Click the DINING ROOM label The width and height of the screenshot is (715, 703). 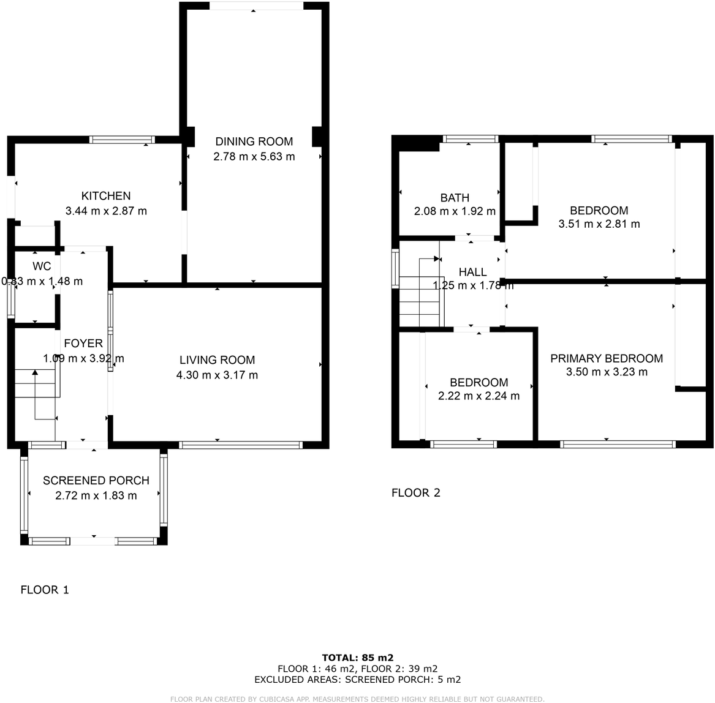click(x=254, y=141)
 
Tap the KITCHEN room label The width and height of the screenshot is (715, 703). click(x=106, y=196)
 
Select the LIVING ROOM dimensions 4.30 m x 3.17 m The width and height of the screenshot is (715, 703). click(x=217, y=375)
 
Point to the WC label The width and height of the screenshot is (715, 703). click(x=42, y=266)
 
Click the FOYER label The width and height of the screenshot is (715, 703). click(x=83, y=344)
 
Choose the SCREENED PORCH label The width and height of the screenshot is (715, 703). click(x=96, y=481)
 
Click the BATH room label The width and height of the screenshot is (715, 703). click(x=455, y=198)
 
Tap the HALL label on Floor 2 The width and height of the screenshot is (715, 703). click(x=472, y=272)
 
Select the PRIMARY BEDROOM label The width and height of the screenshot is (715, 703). click(x=606, y=358)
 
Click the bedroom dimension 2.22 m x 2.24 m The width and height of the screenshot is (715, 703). click(x=479, y=396)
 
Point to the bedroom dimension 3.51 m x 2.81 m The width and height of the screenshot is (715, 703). click(x=599, y=224)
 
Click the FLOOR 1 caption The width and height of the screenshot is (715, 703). click(x=45, y=590)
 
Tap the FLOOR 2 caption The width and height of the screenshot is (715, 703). click(x=415, y=492)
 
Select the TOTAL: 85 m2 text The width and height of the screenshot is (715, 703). click(x=357, y=658)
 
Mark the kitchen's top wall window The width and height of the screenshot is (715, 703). click(x=122, y=140)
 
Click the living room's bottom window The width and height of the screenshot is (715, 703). click(x=241, y=445)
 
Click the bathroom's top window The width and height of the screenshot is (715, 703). click(x=470, y=139)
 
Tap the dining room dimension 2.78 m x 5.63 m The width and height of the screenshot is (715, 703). click(x=254, y=157)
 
